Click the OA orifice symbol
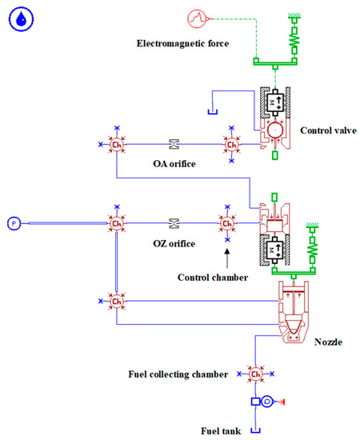pos(173,144)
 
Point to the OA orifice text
pos(174,164)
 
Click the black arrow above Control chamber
pos(227,257)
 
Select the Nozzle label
pos(328,342)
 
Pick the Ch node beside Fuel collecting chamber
pos(255,374)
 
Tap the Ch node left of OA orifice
pos(116,144)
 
